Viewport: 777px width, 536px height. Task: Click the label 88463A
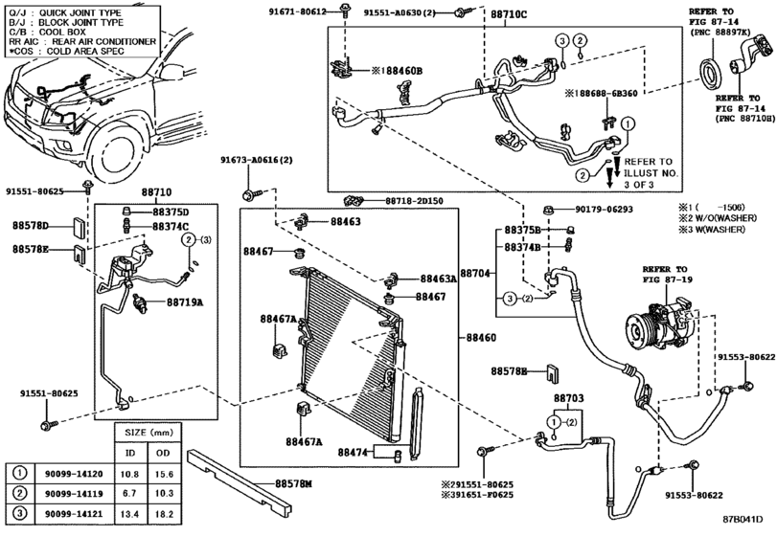click(x=439, y=279)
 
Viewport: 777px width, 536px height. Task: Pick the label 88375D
click(x=171, y=212)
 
